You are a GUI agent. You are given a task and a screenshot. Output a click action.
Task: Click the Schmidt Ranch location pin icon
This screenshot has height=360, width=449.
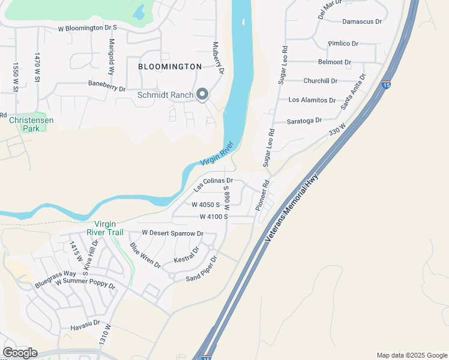tap(202, 94)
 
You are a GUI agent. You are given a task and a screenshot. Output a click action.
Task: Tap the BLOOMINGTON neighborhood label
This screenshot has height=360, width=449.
tap(170, 67)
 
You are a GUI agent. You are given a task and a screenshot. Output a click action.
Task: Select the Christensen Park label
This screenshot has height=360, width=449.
tap(31, 124)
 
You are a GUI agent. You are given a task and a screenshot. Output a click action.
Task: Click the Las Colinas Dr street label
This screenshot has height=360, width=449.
tap(212, 184)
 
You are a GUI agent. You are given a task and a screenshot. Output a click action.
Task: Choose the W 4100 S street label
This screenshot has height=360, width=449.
tap(214, 217)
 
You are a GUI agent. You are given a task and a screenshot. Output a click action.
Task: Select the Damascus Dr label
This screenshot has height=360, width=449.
tap(362, 22)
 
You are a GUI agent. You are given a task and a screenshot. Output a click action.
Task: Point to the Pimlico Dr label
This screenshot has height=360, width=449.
tap(343, 44)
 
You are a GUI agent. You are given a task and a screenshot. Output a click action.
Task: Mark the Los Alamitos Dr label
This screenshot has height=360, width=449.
tap(312, 100)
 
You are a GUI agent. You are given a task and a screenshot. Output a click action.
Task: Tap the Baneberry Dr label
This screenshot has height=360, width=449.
tap(106, 89)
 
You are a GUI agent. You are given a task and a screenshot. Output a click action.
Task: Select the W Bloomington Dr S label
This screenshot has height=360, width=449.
tap(87, 28)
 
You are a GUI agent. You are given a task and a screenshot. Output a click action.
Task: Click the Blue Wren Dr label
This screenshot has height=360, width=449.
tap(145, 255)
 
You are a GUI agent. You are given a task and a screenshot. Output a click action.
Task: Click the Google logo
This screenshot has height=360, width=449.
tap(20, 353)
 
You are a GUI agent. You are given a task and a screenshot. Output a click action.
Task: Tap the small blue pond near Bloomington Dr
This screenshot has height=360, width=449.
tap(139, 11)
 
